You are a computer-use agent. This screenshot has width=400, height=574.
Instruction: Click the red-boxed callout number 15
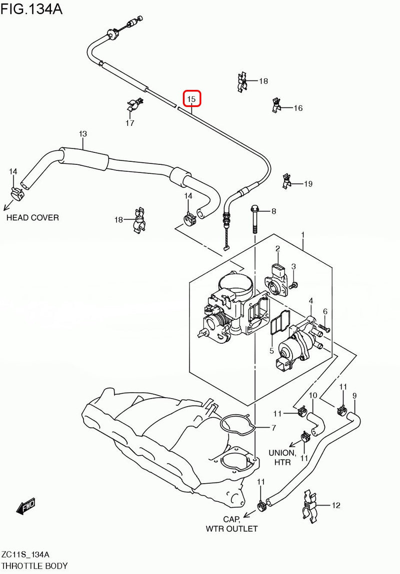pyautogui.click(x=191, y=99)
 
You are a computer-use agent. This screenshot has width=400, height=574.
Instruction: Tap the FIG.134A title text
pyautogui.click(x=31, y=9)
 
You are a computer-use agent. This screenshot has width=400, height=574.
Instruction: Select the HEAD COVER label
pyautogui.click(x=32, y=218)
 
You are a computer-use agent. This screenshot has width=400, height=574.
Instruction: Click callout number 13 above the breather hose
pyautogui.click(x=83, y=134)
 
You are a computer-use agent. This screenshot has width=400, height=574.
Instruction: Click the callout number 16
pyautogui.click(x=298, y=108)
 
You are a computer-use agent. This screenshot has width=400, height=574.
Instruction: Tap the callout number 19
pyautogui.click(x=308, y=184)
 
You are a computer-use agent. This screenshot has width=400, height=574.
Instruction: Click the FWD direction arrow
pyautogui.click(x=26, y=506)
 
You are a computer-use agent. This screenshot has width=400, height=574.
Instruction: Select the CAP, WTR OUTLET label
pyautogui.click(x=231, y=524)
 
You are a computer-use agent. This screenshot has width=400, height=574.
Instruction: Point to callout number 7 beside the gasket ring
pyautogui.click(x=273, y=428)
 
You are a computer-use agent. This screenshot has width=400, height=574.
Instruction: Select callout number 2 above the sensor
pyautogui.click(x=277, y=248)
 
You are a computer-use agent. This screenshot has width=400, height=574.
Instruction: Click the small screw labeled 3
pyautogui.click(x=294, y=284)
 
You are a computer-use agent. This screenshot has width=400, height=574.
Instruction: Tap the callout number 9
pyautogui.click(x=354, y=396)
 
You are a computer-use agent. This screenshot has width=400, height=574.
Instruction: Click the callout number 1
pyautogui.click(x=302, y=234)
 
